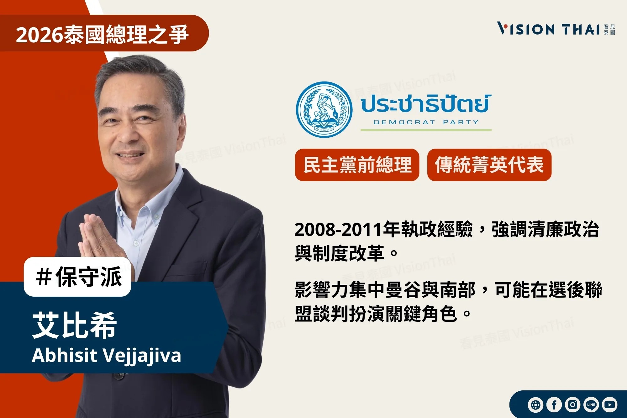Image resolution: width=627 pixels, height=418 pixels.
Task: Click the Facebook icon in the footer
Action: pos(554,405)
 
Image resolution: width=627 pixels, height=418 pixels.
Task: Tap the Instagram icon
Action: pos(572,405)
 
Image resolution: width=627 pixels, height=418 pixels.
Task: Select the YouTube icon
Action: pos(609,405)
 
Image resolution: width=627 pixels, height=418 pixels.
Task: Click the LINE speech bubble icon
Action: pos(591,405)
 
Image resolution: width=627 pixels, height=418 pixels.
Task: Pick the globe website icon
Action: pos(535,405)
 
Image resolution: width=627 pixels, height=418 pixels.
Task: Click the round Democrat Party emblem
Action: pos(324,109)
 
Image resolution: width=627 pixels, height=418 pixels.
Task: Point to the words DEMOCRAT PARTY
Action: pos(426,122)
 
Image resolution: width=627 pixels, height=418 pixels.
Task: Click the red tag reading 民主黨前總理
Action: pos(357,165)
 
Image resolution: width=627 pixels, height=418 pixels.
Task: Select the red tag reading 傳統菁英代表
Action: pos(489,165)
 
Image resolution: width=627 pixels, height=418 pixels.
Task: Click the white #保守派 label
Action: pos(78,277)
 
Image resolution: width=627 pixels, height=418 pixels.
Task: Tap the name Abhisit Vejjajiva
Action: pos(107,355)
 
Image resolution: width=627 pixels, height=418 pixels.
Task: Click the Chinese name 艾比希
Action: pos(75,325)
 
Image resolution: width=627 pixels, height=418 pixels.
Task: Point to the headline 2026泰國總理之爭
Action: pos(102,34)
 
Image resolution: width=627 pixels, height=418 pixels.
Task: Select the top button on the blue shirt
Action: pos(156,216)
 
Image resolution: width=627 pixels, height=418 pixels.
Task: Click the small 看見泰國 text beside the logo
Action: pos(609,29)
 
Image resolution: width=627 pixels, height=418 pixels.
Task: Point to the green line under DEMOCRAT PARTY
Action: pos(426,130)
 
